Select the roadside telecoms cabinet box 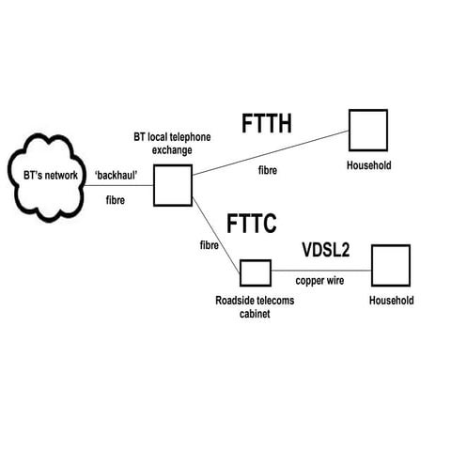255,272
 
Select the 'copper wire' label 321,281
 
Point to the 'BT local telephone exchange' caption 171,143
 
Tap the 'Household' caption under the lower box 391,301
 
